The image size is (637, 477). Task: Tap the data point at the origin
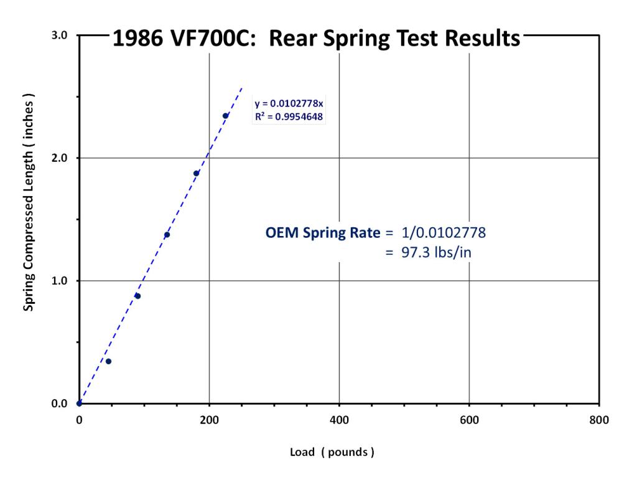[x=79, y=404]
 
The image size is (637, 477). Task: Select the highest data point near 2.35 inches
[x=225, y=116]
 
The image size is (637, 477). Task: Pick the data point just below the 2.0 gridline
[x=196, y=173]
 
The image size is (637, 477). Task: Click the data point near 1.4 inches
[x=167, y=235]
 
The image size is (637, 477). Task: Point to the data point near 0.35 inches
[x=108, y=361]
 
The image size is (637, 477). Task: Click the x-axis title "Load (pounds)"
[x=332, y=452]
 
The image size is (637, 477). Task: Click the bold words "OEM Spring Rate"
[x=323, y=234]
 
